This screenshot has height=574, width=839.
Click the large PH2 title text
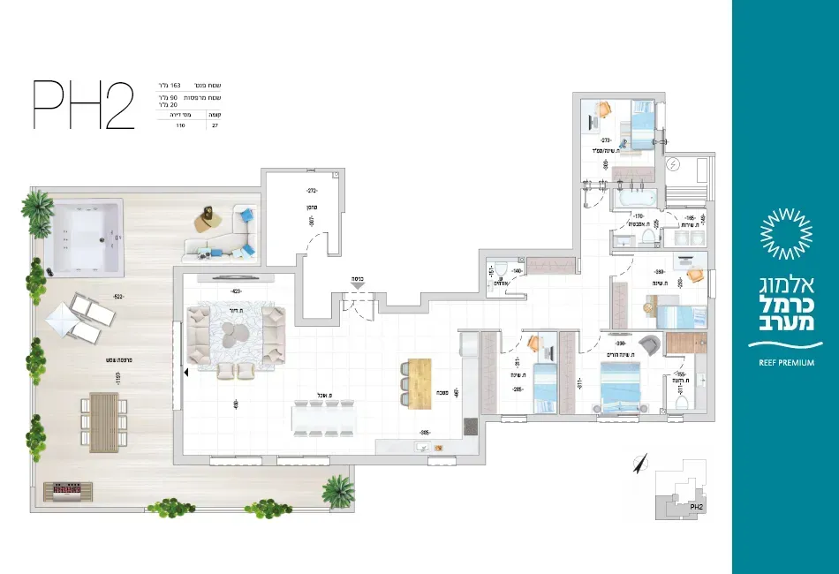83,104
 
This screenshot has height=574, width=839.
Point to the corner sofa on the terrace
223,235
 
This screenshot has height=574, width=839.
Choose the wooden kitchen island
418,381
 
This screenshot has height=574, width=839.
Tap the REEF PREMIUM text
786,362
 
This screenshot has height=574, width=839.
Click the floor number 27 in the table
214,126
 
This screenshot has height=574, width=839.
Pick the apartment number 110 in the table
180,126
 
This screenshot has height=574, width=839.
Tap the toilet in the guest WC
500,270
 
